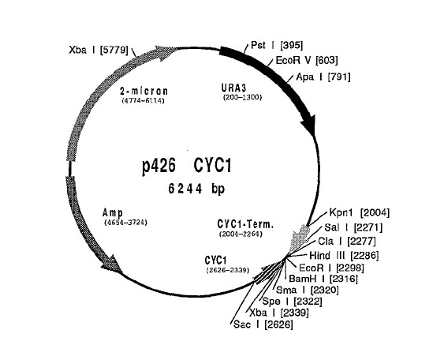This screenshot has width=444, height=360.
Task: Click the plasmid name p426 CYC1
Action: [x=187, y=166]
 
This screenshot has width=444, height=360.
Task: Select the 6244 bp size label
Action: [x=196, y=189]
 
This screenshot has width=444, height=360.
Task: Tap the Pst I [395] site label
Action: [x=277, y=45]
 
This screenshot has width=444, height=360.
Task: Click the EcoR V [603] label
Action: [x=307, y=60]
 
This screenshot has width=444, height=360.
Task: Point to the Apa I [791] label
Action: [x=323, y=77]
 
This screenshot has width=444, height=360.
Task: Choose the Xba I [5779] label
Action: [x=99, y=51]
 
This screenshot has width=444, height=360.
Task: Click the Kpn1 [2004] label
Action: [x=360, y=212]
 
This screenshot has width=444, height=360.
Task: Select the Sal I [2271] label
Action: [x=353, y=227]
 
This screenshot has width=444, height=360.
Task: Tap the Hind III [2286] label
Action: [x=344, y=256]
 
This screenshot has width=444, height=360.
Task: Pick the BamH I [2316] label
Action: [x=323, y=279]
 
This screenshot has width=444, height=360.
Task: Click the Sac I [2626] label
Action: [x=263, y=324]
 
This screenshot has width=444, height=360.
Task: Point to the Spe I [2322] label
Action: [x=293, y=302]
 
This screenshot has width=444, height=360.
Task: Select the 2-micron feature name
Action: [x=144, y=92]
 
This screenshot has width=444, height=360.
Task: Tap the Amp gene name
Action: [x=113, y=212]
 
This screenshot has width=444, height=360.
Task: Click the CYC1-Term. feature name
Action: [x=245, y=224]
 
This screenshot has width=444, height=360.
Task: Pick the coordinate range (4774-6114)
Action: [x=143, y=101]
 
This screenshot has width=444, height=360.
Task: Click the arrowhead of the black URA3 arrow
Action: [x=308, y=124]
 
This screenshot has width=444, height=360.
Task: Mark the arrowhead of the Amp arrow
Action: [x=113, y=264]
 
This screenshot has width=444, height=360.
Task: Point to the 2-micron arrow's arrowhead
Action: [x=166, y=53]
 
